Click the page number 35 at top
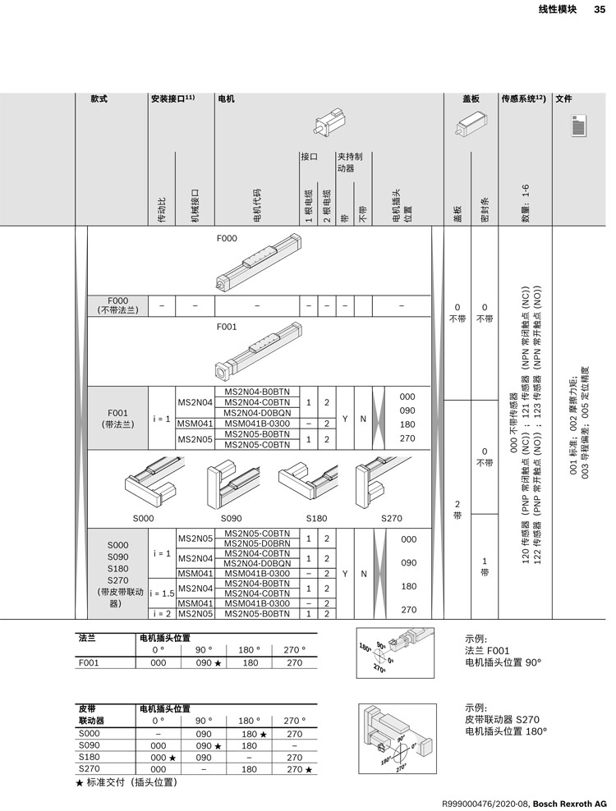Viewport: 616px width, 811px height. point(599,10)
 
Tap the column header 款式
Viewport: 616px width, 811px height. point(99,99)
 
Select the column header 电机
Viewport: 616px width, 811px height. point(226,99)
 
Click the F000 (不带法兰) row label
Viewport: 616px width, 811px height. point(118,305)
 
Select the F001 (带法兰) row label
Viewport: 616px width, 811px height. point(118,419)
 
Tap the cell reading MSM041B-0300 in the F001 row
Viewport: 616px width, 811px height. point(256,424)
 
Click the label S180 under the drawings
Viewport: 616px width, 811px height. point(316,518)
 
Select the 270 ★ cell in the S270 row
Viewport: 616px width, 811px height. point(297,769)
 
